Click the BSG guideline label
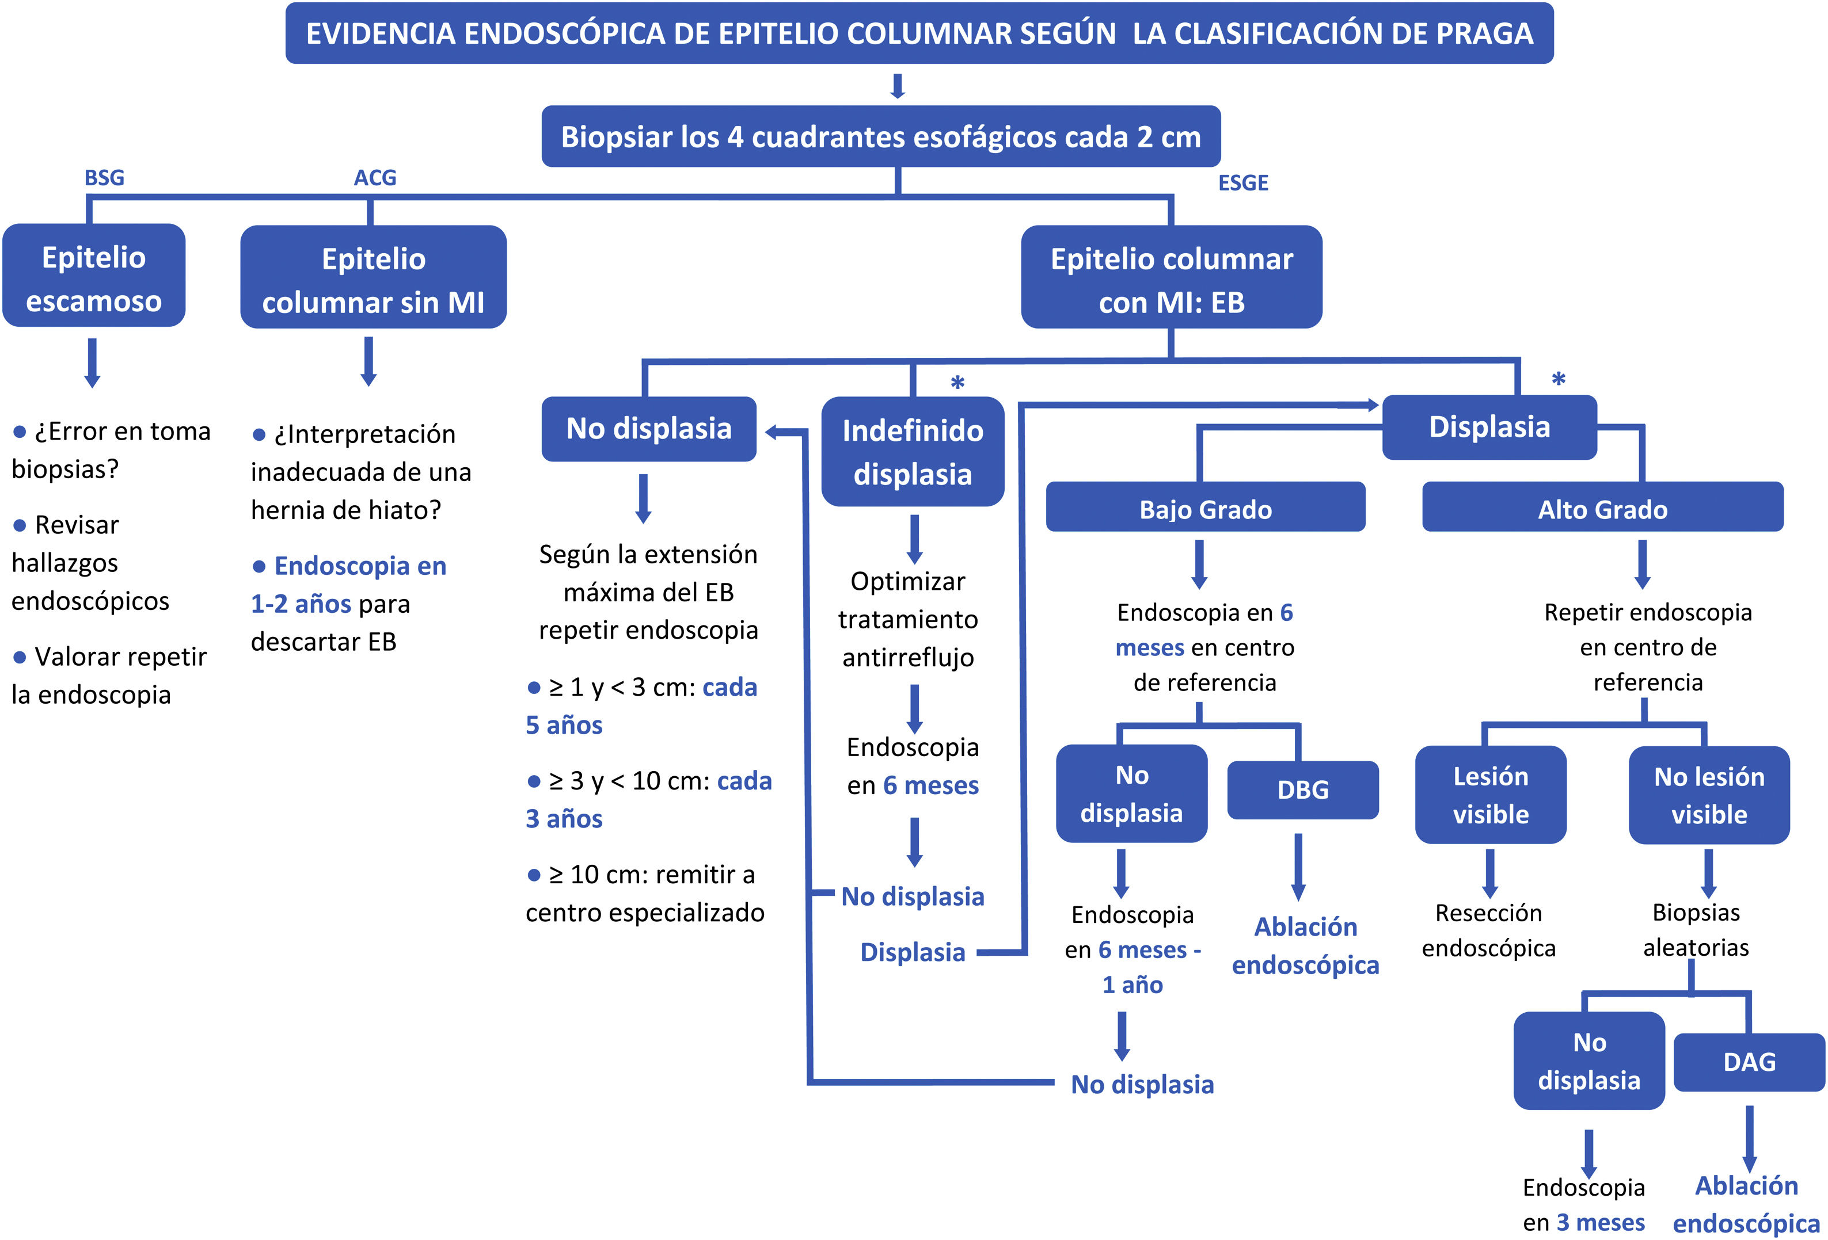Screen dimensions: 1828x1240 point(105,178)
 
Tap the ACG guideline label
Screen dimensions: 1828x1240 point(375,178)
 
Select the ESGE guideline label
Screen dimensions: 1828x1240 point(1243,183)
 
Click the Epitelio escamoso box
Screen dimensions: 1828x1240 point(94,275)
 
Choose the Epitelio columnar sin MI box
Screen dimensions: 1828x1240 point(374,277)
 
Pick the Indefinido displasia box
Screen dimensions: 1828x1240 point(913,451)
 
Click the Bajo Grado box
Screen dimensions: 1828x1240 point(1205,507)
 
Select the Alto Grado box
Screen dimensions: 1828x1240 point(1602,507)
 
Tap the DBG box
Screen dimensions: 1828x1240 point(1302,790)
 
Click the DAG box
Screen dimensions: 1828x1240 point(1749,1062)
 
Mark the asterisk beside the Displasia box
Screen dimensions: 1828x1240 point(1558,380)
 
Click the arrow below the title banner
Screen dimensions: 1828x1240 point(898,86)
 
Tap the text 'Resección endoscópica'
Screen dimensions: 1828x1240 point(1489,930)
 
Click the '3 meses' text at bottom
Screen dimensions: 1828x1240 point(1601,1223)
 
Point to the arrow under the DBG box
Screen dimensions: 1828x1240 point(1299,867)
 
